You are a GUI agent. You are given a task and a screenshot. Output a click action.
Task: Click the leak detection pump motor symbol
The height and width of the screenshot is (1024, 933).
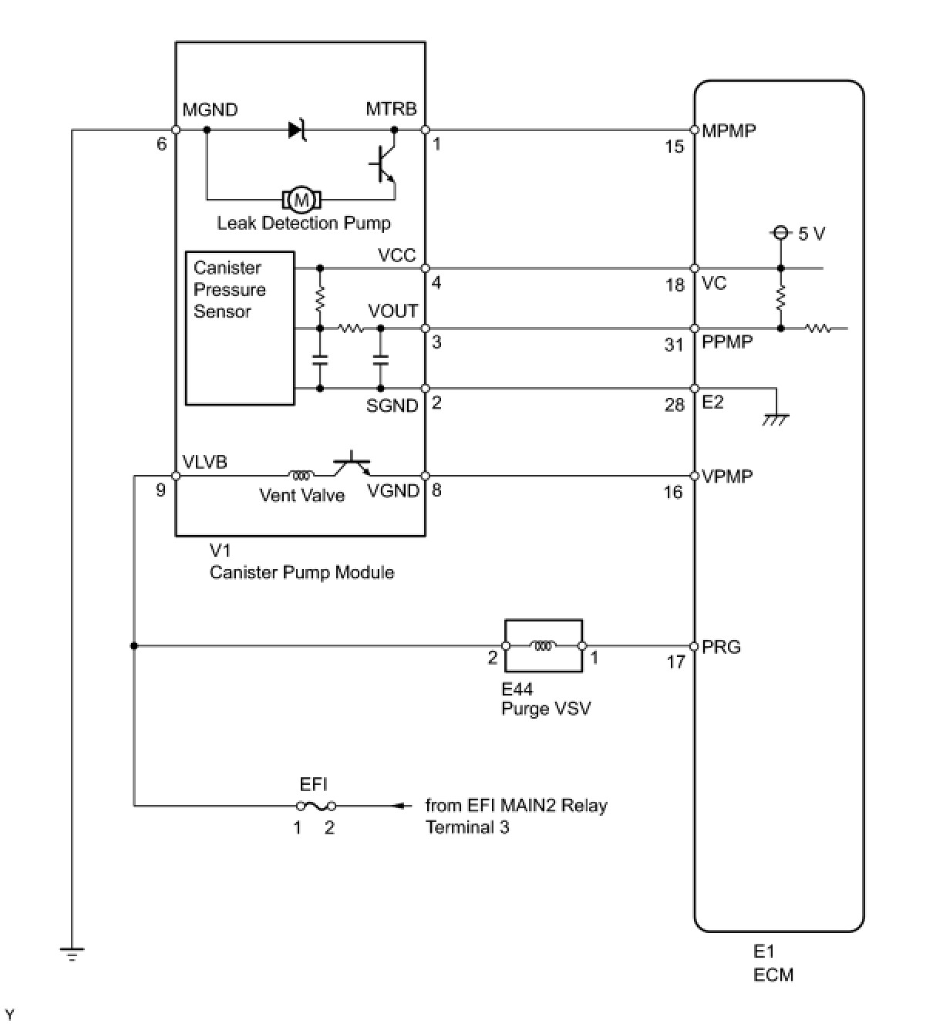[x=302, y=200]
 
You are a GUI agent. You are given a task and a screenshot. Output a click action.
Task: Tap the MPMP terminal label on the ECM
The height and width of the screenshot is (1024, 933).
[x=729, y=130]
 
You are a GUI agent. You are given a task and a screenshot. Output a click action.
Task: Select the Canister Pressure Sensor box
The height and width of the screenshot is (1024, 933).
[x=240, y=328]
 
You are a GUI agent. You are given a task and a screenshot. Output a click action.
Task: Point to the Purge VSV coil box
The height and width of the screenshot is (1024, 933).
[x=543, y=646]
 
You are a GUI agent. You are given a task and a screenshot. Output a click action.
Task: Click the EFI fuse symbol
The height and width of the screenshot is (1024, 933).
[x=315, y=806]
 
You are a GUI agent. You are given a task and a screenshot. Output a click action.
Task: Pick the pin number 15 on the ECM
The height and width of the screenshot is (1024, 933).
[x=674, y=147]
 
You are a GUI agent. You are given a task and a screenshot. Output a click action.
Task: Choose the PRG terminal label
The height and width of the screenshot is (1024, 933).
[x=721, y=647]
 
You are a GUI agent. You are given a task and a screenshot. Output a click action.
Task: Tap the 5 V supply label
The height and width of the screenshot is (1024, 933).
[x=811, y=234]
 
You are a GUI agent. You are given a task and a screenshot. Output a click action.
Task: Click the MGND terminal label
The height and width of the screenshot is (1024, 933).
[x=210, y=110]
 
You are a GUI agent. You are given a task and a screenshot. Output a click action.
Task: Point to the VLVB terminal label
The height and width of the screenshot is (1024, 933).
[x=204, y=462]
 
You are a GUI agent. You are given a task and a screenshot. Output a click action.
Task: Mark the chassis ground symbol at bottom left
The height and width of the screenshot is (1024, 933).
[x=71, y=954]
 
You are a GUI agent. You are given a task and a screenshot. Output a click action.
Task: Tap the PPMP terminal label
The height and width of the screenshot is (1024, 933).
[x=727, y=342]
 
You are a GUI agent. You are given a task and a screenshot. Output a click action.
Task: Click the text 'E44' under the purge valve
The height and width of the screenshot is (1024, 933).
[x=517, y=689]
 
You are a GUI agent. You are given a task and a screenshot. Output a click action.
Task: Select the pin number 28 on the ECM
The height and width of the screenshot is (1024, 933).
[x=674, y=405]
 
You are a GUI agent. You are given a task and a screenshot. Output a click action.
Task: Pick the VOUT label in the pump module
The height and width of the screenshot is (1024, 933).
[x=392, y=312]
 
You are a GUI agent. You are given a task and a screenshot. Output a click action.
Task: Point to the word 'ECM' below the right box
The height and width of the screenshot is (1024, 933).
[x=773, y=975]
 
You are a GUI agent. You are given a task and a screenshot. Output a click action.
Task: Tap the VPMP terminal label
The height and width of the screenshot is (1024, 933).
[x=727, y=477]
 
